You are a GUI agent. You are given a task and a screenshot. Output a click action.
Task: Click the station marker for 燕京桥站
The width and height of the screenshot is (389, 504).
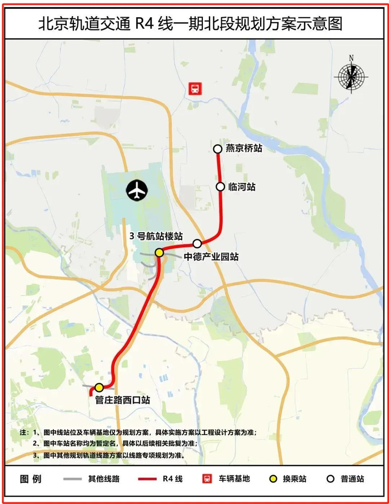click(x=217, y=149)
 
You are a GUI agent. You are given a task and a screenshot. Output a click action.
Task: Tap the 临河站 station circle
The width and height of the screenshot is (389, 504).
click(x=220, y=187)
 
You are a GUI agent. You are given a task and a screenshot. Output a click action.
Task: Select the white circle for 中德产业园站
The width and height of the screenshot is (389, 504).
click(x=197, y=243)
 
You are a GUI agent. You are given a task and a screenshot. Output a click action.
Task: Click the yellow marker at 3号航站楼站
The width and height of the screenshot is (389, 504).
click(x=159, y=253)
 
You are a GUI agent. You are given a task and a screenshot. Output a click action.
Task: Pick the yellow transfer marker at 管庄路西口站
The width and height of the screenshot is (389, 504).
click(x=99, y=387)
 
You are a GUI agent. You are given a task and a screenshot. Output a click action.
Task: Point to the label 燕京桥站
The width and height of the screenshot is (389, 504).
click(x=243, y=149)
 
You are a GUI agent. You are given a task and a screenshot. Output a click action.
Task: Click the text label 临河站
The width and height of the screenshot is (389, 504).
click(x=242, y=187)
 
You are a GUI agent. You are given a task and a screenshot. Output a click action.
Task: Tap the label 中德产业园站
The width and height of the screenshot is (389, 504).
click(x=211, y=257)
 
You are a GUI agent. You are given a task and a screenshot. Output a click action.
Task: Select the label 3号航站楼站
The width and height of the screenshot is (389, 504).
click(x=156, y=236)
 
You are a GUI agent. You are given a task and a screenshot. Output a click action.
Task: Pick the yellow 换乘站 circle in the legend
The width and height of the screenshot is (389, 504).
click(x=274, y=478)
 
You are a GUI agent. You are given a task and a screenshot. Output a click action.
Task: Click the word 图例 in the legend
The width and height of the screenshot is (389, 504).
click(x=30, y=478)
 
